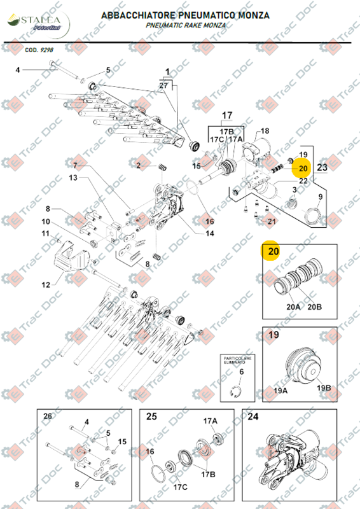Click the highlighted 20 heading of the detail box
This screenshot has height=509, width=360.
pos(273,252)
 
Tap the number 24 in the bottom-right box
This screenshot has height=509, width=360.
pos(253,417)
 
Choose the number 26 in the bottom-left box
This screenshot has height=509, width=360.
pos(47,416)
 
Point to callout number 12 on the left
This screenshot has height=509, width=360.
pos(46,284)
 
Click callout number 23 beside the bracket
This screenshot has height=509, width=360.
pos(322,167)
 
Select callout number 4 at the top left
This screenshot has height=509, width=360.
pos(18,69)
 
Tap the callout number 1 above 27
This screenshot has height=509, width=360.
pos(168,71)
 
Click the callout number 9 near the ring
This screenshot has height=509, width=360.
pos(320,197)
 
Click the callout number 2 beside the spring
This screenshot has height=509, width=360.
pos(138,165)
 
